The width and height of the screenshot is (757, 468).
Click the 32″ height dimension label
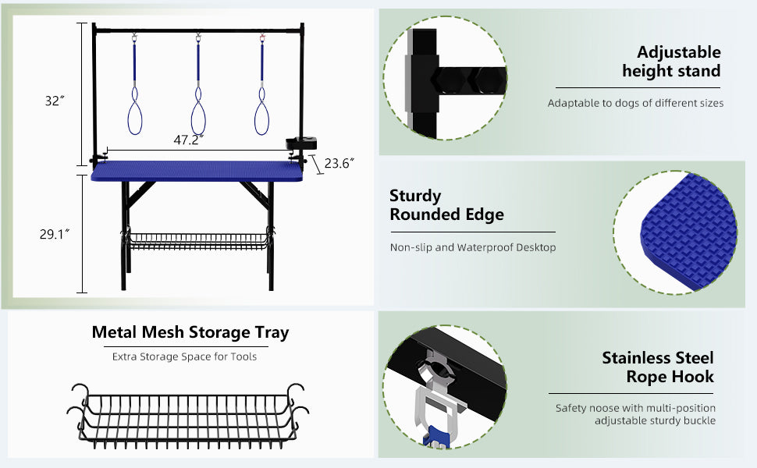[55, 101]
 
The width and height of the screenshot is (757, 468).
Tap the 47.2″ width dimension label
[188, 140]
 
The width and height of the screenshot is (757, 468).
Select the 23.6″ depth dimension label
[339, 164]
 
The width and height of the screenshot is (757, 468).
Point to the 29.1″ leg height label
[55, 235]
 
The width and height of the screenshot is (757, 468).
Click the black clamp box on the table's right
[301, 144]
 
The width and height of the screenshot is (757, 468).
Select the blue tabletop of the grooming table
[197, 172]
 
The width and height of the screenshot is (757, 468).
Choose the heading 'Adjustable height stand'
[671, 62]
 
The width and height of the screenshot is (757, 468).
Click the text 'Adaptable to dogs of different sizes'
[635, 103]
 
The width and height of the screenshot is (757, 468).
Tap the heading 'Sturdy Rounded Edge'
[446, 205]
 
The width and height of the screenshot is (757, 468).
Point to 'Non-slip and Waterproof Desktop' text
[473, 247]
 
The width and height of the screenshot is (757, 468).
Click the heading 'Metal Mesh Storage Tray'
[190, 332]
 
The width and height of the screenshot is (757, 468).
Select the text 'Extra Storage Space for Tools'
[184, 357]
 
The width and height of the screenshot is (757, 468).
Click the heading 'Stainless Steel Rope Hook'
[658, 367]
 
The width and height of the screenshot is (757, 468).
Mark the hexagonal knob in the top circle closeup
[452, 79]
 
